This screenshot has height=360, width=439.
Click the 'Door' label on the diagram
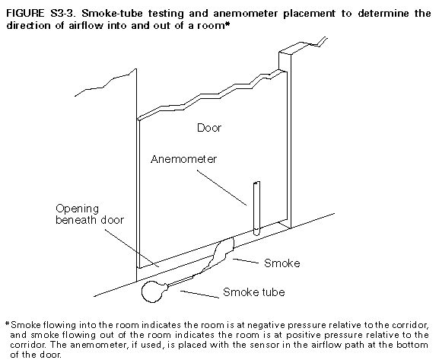pos(209,128)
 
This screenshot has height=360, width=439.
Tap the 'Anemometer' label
pos(183,159)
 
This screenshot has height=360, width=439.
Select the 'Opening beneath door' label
pos(90,215)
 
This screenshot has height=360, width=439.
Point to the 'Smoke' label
pos(282,263)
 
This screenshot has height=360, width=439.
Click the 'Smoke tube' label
pos(254,292)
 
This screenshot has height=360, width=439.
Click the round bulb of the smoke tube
pos(152,292)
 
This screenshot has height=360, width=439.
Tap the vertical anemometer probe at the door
pos(256,209)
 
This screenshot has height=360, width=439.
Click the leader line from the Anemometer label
pos(221,188)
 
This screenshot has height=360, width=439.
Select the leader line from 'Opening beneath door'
pos(132,248)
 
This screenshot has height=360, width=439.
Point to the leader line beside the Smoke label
pos(245,261)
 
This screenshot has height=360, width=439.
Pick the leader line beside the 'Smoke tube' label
pos(199,294)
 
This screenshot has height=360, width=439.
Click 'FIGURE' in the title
pos(25,13)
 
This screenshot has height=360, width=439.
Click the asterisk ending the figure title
pos(227,24)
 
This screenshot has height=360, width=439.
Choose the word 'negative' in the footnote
pos(266,325)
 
